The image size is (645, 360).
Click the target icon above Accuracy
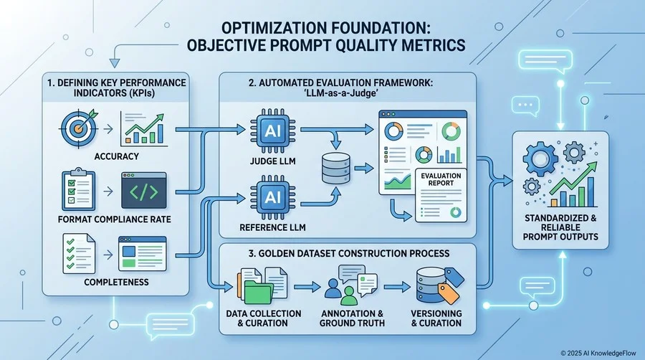(x=79, y=128)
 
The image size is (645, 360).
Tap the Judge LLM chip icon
(x=272, y=131)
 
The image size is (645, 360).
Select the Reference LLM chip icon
(x=272, y=197)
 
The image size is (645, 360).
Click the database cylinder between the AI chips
(x=336, y=168)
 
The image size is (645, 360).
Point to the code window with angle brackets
(x=144, y=191)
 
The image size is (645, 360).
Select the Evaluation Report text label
(x=441, y=179)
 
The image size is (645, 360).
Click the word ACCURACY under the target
(x=116, y=156)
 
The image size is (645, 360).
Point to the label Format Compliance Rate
(x=115, y=219)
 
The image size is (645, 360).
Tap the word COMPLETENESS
(x=116, y=283)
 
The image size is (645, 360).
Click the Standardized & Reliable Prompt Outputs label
(x=560, y=227)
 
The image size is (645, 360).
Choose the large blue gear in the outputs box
(x=540, y=158)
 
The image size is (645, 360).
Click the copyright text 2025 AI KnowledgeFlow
(x=598, y=353)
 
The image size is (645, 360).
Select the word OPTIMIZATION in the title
(x=272, y=28)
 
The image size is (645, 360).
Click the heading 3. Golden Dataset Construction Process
(x=349, y=253)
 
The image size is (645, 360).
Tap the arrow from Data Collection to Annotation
(x=307, y=287)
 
